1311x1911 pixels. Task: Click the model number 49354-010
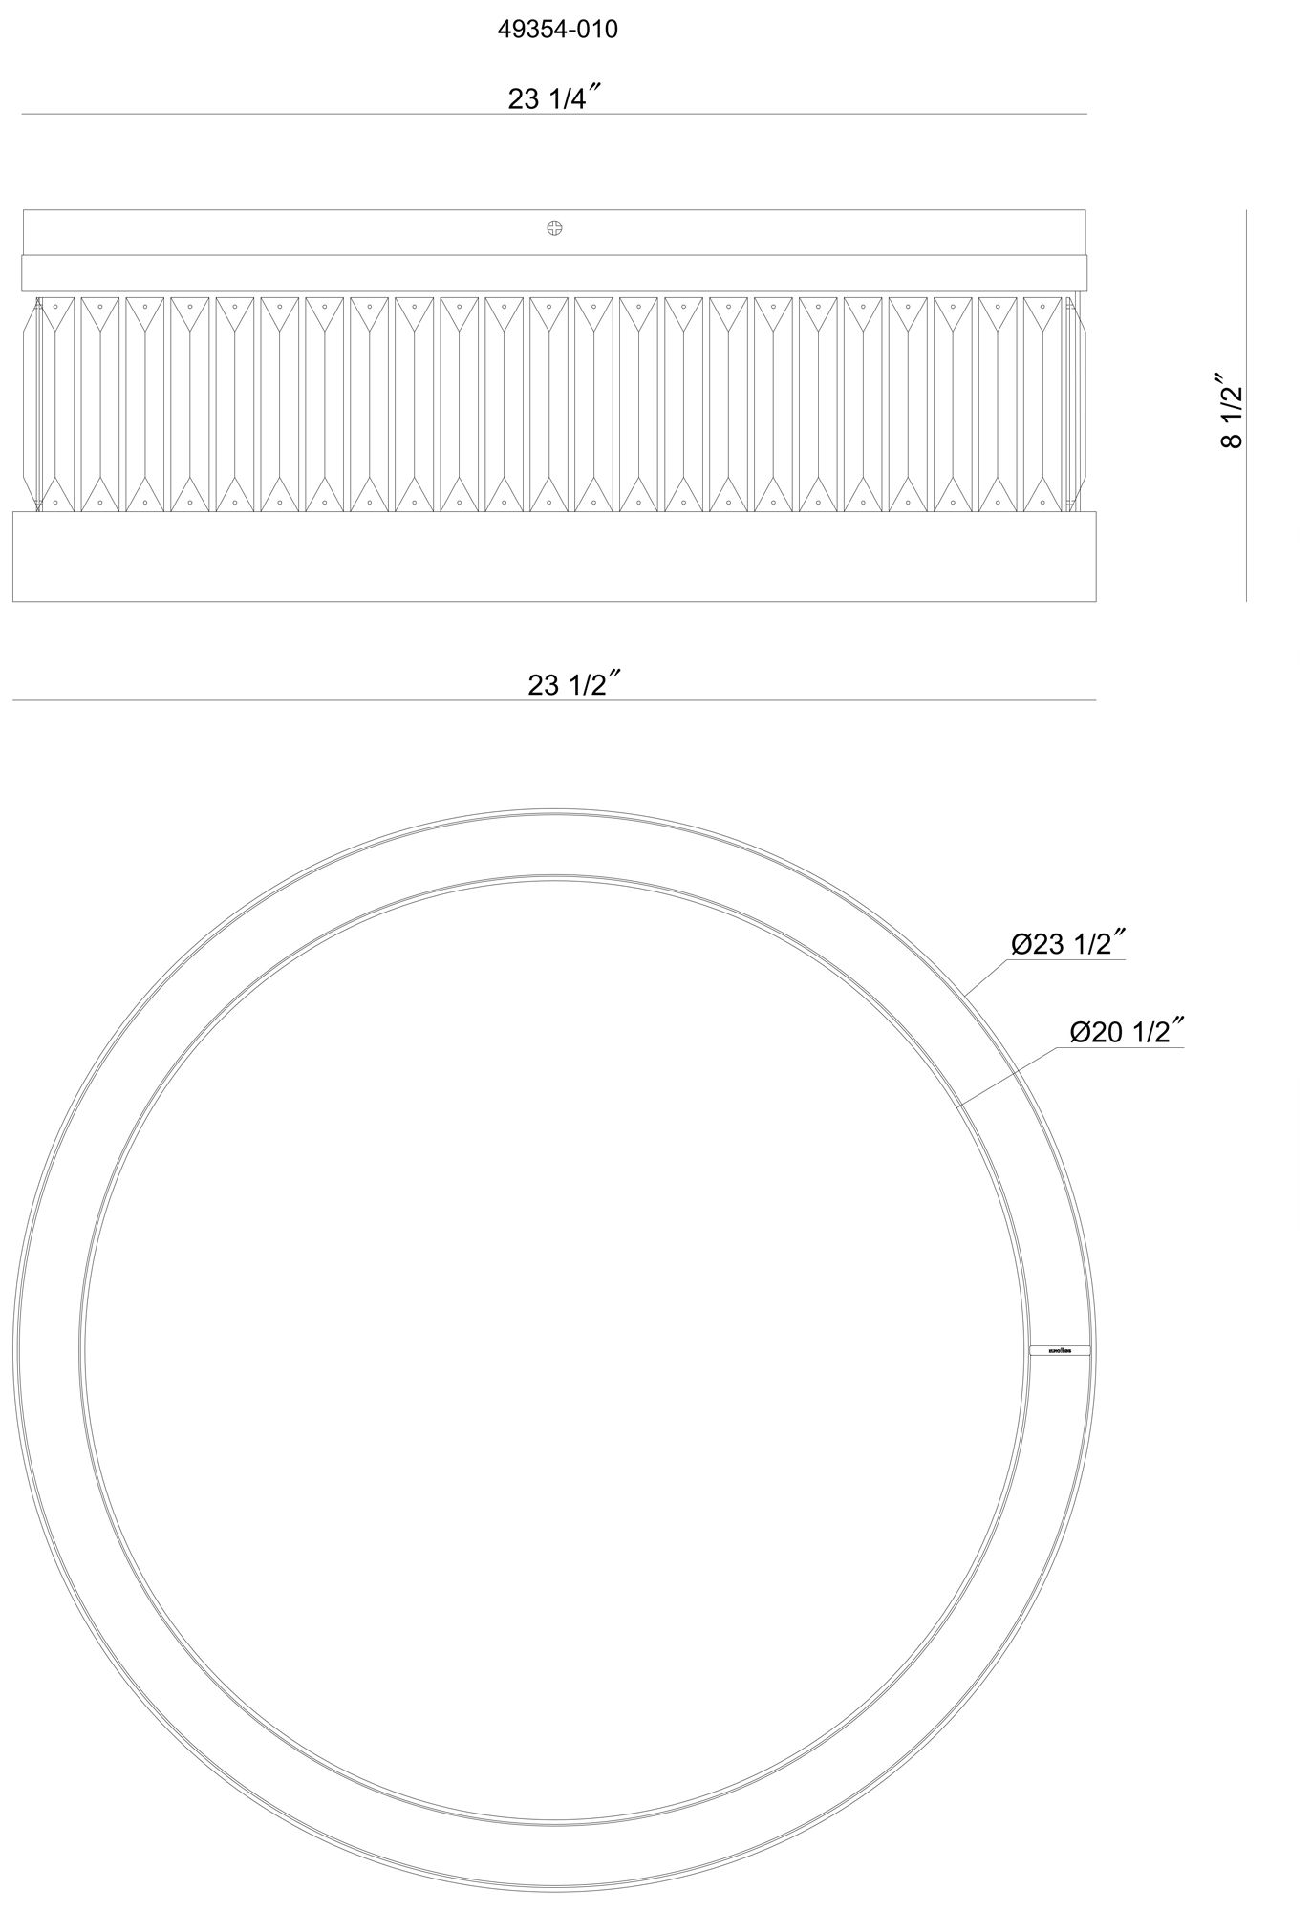click(557, 30)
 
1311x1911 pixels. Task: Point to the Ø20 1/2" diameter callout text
click(1127, 1033)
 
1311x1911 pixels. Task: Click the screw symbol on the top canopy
click(554, 227)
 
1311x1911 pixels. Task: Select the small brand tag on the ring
click(1060, 1351)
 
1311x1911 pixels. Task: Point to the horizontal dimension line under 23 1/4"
click(553, 115)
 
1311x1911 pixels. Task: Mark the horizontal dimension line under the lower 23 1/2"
click(553, 700)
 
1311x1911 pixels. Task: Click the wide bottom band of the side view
click(553, 556)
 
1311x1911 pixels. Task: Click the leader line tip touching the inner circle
click(958, 1106)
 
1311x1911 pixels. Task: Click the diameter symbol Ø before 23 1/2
click(1021, 945)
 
